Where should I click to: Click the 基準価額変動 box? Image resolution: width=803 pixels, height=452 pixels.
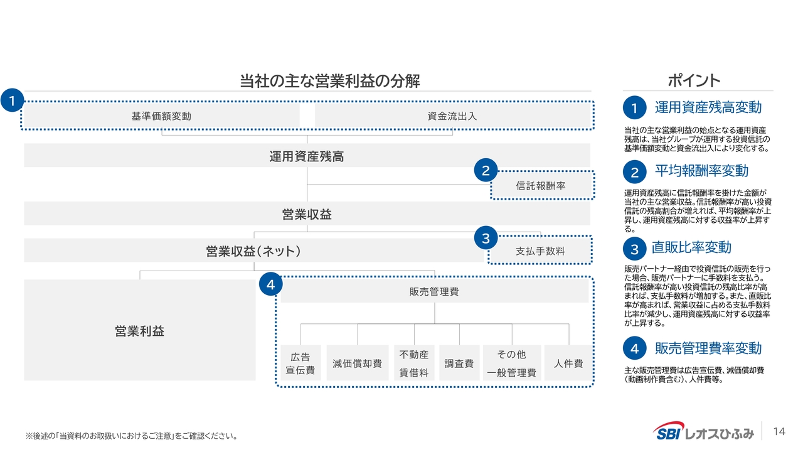[x=161, y=116]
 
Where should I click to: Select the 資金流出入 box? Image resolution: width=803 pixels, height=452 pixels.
[x=452, y=116]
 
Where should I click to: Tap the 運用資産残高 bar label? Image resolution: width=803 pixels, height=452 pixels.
[x=307, y=156]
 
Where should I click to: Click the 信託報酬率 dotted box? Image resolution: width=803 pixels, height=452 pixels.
[x=542, y=185]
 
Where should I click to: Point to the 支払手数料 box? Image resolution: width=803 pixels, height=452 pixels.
[x=540, y=250]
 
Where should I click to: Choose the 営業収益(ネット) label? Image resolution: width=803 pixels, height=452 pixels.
[x=254, y=251]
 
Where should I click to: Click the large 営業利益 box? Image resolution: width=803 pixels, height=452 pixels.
[x=140, y=330]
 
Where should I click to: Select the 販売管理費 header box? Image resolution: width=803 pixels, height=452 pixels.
[x=434, y=291]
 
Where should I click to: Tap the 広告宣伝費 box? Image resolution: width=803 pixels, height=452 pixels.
[x=300, y=363]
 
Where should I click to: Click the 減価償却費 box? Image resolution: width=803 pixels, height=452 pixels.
[x=358, y=363]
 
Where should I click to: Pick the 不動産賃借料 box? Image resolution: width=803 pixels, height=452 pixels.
[x=414, y=363]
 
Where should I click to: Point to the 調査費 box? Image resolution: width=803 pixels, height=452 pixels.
[x=459, y=363]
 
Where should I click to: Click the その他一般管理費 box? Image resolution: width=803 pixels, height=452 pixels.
[x=512, y=363]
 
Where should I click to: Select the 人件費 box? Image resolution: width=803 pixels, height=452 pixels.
[x=568, y=363]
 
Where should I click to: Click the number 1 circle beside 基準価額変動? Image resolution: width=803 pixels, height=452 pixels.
[x=12, y=100]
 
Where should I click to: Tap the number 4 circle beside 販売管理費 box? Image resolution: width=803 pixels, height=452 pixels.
[x=270, y=284]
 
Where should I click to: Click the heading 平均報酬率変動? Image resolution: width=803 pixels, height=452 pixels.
[x=701, y=171]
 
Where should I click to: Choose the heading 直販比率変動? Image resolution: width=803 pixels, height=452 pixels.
[x=691, y=247]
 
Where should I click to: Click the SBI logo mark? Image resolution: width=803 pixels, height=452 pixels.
[x=668, y=431]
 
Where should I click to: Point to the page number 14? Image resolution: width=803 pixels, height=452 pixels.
[x=779, y=431]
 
